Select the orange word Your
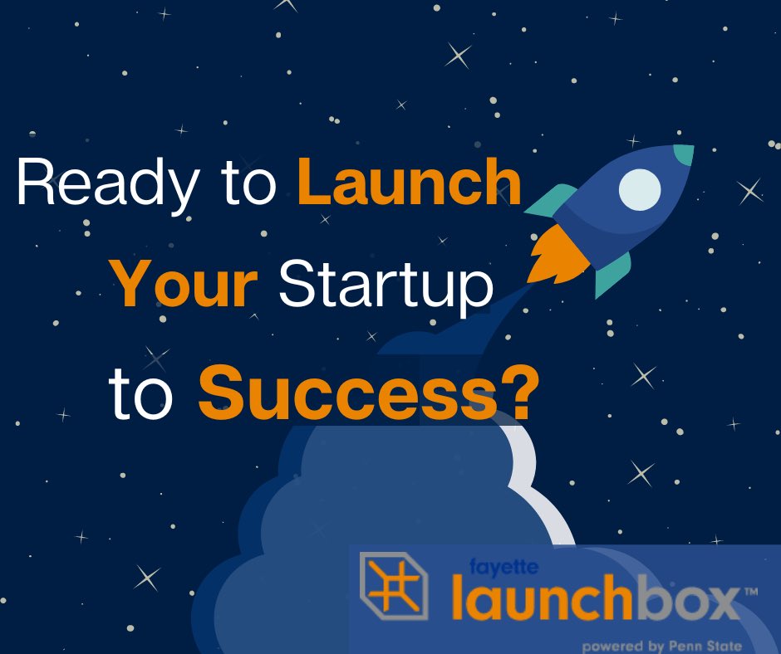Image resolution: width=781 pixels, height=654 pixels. coord(184,284)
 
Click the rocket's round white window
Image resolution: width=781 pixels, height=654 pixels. coord(639,189)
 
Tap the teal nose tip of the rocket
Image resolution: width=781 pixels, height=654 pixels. coord(683,154)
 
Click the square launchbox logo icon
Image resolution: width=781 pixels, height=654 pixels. coord(393,586)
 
